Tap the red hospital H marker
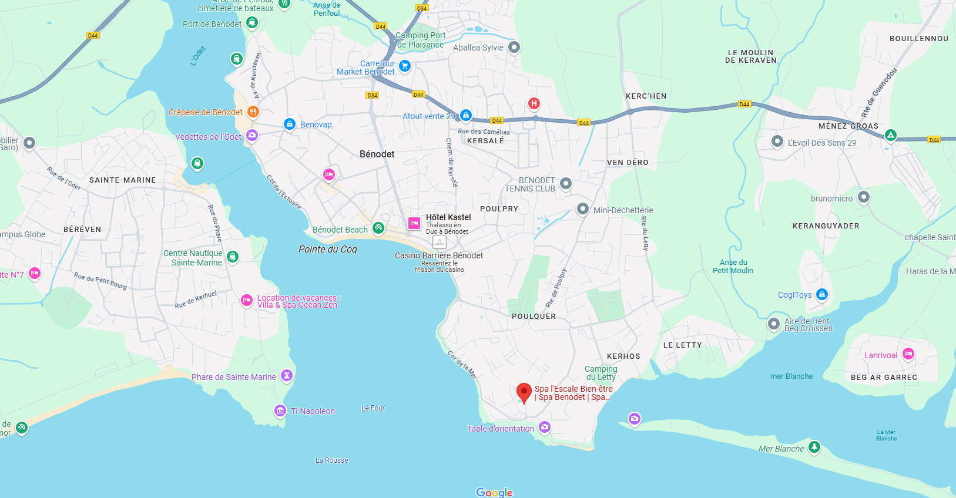(534, 104)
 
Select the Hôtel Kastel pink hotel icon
(414, 223)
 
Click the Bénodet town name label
(377, 154)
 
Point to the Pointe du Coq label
(327, 249)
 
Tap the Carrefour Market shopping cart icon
(404, 66)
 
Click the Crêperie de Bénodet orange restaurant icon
(253, 112)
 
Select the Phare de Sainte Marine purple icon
(286, 375)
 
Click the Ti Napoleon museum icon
(280, 410)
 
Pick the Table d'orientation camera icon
(545, 427)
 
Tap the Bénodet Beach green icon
(378, 228)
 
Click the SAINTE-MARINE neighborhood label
(122, 180)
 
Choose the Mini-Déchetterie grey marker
(582, 208)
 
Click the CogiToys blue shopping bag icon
(822, 294)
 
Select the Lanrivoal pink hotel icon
(908, 354)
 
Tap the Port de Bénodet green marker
(252, 22)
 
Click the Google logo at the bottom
(494, 492)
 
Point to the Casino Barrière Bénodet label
(438, 255)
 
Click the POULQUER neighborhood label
(534, 317)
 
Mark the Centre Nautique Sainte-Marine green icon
(232, 256)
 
